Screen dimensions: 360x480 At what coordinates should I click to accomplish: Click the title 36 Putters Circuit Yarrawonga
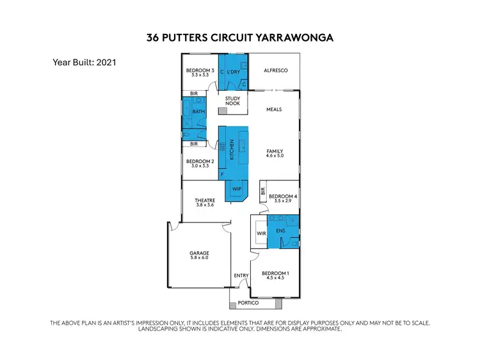(239, 38)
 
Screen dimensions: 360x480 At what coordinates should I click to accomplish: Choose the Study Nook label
(232, 100)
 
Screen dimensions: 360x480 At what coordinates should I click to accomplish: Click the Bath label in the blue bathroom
(198, 112)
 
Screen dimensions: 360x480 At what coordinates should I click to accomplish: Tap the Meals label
(274, 109)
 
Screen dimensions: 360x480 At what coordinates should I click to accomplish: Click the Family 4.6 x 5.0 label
(275, 153)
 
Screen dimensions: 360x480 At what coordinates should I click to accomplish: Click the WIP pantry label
(236, 189)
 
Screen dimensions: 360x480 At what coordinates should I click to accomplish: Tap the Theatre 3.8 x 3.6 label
(204, 202)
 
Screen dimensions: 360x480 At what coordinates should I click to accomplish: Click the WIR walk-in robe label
(261, 234)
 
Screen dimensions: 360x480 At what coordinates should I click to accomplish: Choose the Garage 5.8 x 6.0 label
(199, 255)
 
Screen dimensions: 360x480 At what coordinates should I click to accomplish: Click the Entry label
(241, 276)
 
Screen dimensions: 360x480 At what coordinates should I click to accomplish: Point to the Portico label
(248, 302)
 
